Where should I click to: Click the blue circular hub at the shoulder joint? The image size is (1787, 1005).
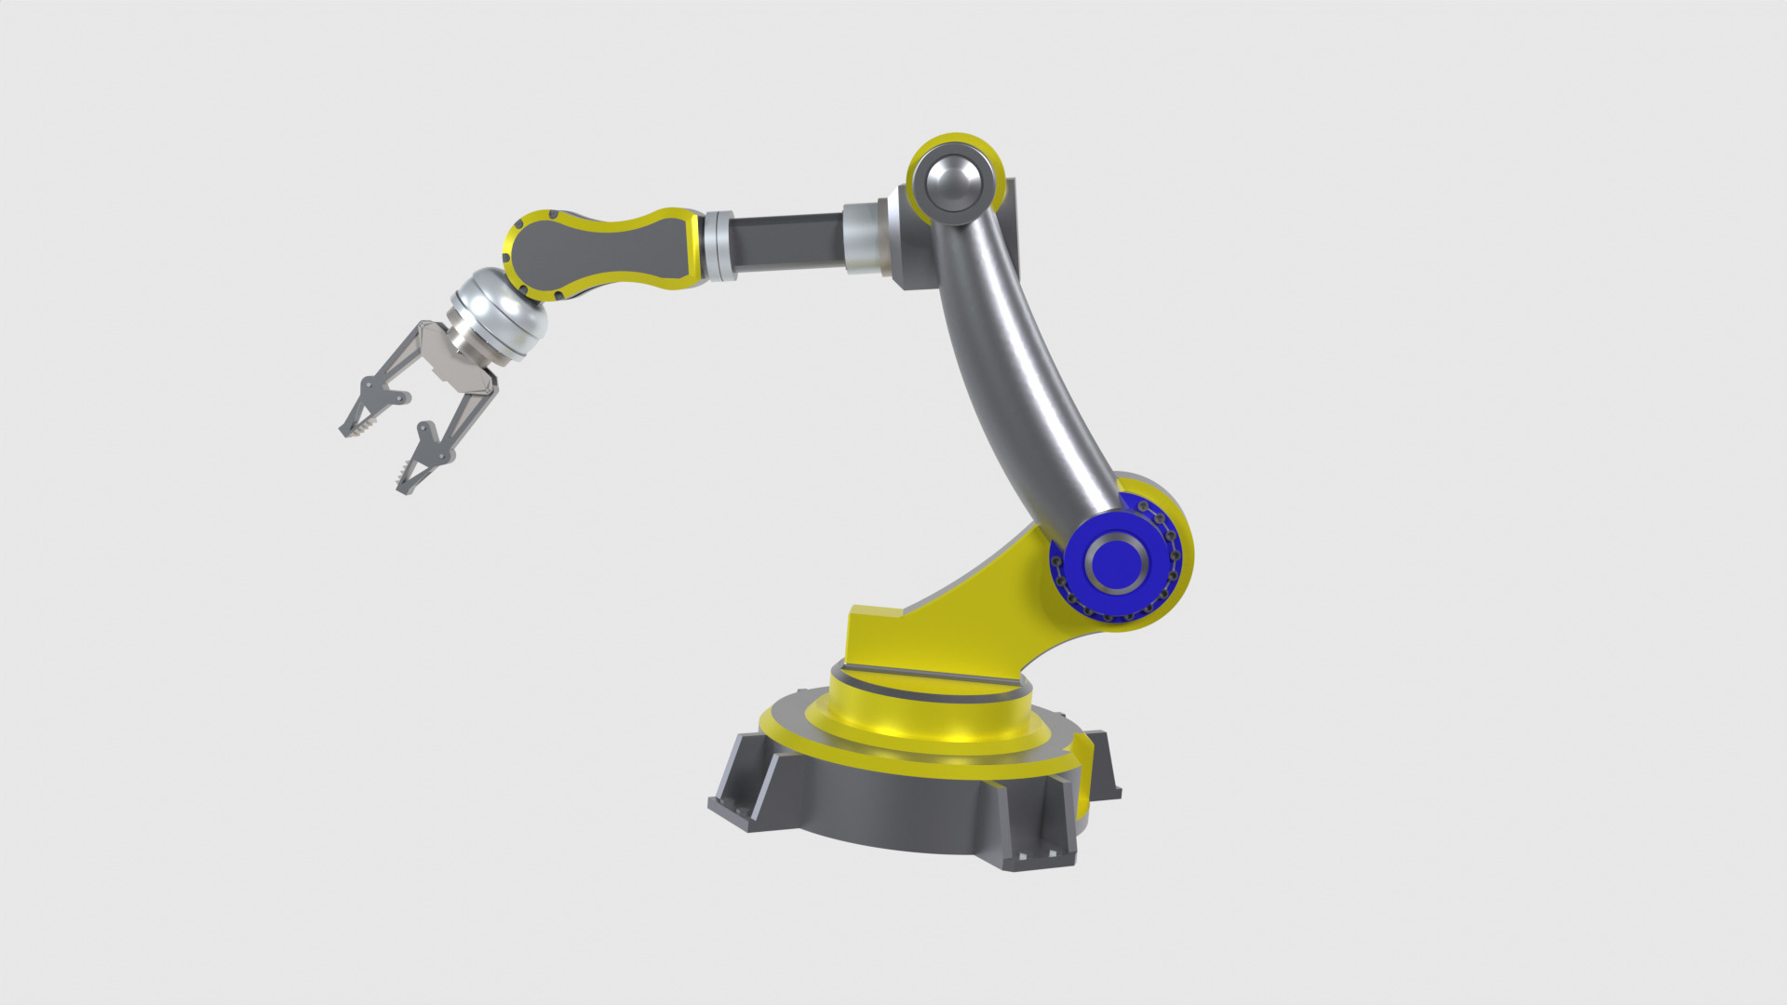pos(1116,562)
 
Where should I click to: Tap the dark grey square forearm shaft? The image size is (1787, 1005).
pos(786,242)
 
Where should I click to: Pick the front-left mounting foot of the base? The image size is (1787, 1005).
pos(740,782)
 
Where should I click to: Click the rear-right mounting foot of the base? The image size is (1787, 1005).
pos(1103,763)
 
